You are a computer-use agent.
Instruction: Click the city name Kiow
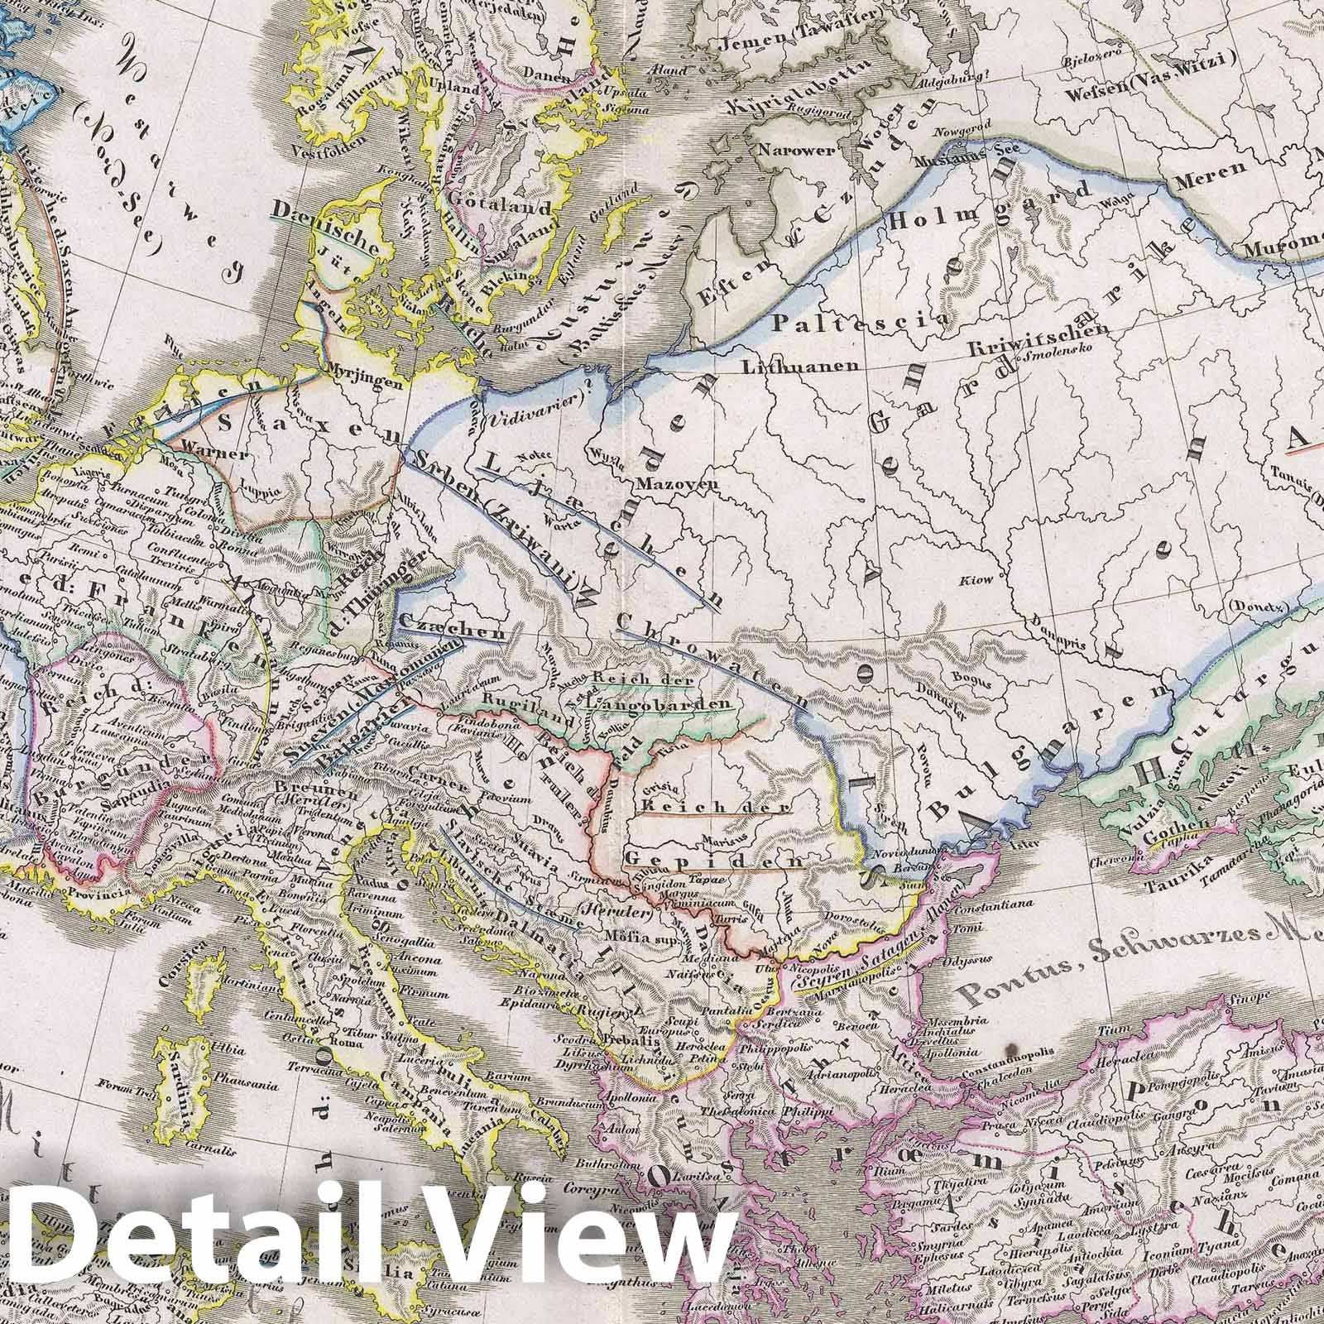point(976,580)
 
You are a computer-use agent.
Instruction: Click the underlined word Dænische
point(343,224)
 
